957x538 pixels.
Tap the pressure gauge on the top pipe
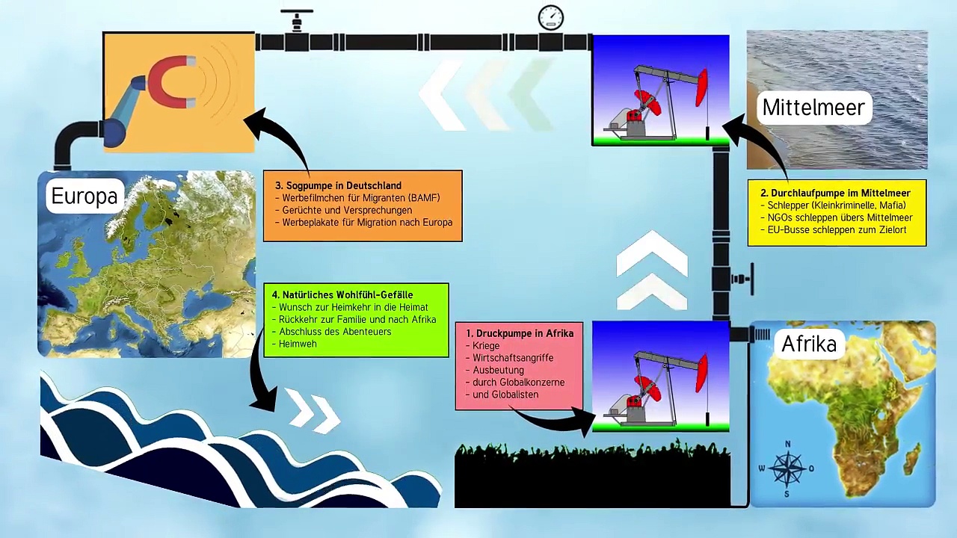(551, 17)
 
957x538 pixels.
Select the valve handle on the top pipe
(296, 13)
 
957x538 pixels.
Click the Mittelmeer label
(813, 108)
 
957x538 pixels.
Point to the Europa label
(84, 196)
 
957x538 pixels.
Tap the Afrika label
(808, 344)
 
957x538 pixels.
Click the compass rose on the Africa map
(787, 469)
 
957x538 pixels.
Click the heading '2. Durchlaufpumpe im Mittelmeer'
(835, 193)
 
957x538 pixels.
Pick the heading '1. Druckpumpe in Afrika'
(520, 333)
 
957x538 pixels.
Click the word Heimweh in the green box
(298, 344)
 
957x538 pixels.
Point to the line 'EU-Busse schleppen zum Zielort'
(837, 230)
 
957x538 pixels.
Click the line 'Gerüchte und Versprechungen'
(347, 210)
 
